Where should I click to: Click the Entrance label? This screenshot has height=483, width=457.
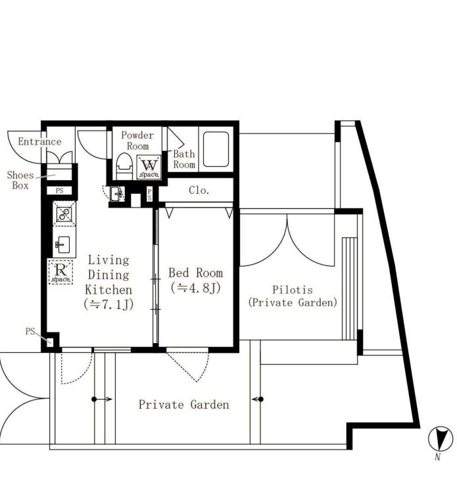point(39,142)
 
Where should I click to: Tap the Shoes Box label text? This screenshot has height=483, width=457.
point(20,180)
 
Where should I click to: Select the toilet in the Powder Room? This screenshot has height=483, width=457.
point(124,166)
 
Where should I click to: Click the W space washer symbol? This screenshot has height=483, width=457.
point(149,168)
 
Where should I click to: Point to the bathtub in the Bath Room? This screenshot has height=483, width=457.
point(216,149)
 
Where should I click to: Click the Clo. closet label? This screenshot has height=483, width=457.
point(199,191)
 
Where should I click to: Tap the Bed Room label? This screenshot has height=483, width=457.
point(195,273)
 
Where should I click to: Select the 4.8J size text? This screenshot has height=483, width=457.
point(195,288)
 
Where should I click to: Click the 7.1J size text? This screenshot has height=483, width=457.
point(108,305)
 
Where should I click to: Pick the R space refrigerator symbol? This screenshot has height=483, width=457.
point(60,272)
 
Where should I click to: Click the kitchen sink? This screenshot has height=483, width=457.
point(64,245)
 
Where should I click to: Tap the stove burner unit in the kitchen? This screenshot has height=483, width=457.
point(64,214)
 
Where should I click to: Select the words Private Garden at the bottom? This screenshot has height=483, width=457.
point(184,404)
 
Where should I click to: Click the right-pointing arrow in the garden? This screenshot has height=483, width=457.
point(102,400)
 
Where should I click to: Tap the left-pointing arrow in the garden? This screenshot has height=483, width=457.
point(258,400)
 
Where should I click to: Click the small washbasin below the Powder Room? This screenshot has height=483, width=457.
point(116,194)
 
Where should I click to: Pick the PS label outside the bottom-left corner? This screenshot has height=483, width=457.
point(30,331)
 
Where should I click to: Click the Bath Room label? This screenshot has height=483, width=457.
point(184,159)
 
